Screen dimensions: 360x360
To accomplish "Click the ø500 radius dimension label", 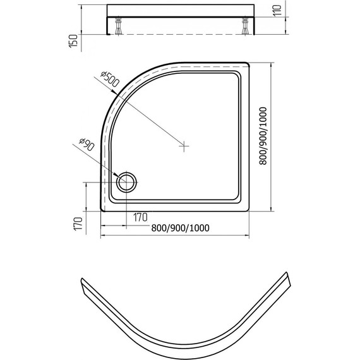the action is point(110,79).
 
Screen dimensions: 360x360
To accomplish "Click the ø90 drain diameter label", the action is point(87,145).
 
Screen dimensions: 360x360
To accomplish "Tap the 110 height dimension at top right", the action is point(277,10).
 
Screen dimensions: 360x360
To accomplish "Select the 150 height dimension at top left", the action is point(73,41).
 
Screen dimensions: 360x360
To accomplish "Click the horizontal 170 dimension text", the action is point(140,217).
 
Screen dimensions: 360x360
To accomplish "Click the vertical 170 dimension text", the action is point(78,224).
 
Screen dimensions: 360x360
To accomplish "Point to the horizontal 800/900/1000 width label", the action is point(180,228).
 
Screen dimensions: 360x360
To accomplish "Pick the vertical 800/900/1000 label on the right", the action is point(263,136).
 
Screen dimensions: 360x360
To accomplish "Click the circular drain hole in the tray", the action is point(126,182).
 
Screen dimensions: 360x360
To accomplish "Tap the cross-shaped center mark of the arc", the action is point(184,146).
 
